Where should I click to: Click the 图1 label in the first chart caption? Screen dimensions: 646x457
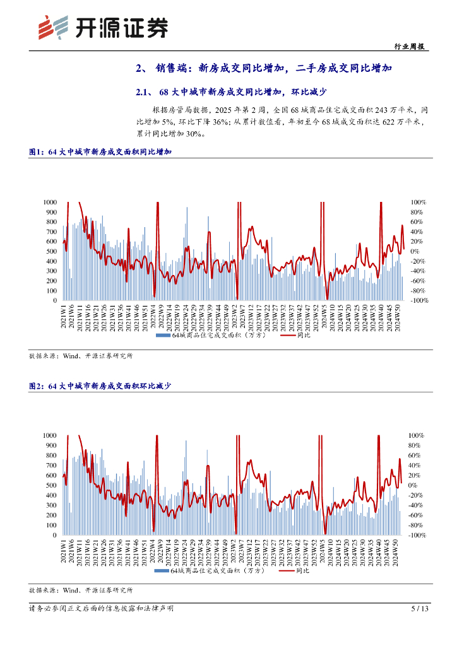point(37,152)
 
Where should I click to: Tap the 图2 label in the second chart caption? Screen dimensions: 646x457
point(37,385)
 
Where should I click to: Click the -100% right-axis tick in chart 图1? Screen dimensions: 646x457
point(418,301)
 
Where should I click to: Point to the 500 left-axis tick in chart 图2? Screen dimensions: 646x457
point(53,485)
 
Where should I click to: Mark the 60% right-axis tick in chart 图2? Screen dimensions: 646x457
point(415,455)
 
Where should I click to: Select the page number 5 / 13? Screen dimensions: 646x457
point(420,609)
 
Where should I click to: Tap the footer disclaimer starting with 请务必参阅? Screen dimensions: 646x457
point(101,609)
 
